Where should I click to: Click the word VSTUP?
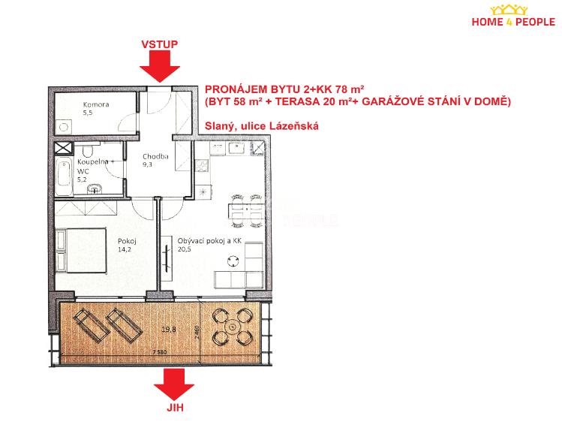click(159, 44)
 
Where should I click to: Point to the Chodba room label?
click(155, 155)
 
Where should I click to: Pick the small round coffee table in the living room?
click(234, 261)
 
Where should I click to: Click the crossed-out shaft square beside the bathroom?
click(63, 148)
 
